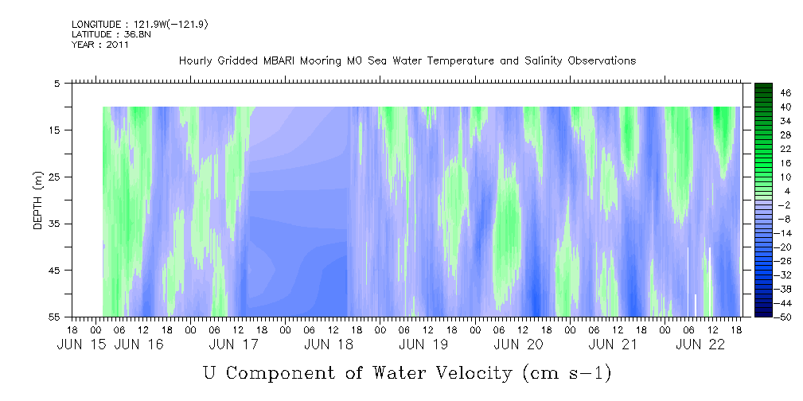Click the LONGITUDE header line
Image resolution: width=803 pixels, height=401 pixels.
click(140, 25)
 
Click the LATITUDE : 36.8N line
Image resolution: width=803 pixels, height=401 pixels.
click(111, 34)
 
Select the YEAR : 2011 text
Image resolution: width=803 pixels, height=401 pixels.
click(100, 45)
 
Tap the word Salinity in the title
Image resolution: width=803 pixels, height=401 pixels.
click(544, 61)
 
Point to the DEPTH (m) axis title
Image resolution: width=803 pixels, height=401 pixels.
click(37, 200)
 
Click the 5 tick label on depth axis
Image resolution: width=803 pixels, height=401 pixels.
click(57, 84)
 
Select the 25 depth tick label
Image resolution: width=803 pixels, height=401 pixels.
click(54, 177)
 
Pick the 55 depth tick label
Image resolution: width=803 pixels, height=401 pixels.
click(54, 317)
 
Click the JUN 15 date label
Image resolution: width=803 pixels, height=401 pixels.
click(82, 345)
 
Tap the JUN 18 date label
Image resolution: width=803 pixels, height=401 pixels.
click(328, 345)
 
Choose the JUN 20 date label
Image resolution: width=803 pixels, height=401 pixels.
click(518, 345)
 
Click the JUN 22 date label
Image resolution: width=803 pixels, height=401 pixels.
click(700, 345)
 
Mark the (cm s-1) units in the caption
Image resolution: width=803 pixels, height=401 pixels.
click(567, 374)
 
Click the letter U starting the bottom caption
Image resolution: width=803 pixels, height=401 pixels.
click(209, 373)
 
